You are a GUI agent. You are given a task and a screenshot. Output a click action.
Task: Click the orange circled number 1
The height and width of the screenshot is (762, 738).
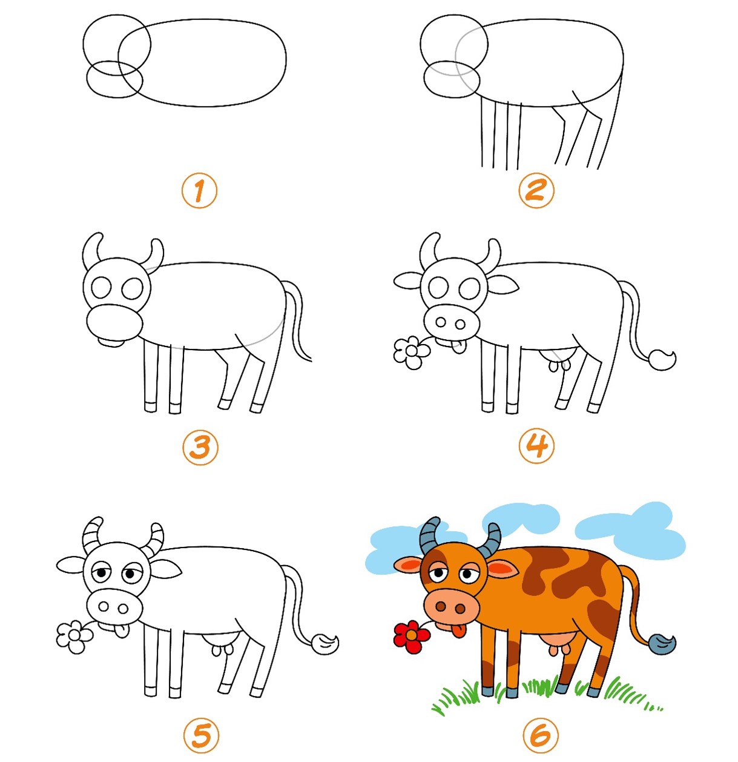click(x=199, y=191)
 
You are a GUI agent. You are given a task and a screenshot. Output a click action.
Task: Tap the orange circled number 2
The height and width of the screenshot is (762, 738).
click(x=536, y=190)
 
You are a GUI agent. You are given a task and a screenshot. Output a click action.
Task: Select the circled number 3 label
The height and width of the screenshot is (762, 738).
click(x=200, y=447)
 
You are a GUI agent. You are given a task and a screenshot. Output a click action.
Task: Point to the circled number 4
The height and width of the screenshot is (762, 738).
click(x=536, y=446)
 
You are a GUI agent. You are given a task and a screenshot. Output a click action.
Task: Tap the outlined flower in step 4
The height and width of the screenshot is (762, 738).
click(x=412, y=353)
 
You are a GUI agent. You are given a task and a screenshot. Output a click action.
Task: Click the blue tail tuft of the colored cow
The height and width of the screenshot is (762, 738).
click(x=662, y=644)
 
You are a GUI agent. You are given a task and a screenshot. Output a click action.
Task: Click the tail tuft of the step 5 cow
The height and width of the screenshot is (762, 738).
click(x=325, y=644)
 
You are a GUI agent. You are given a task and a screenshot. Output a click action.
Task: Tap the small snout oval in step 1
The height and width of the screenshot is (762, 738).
click(x=114, y=79)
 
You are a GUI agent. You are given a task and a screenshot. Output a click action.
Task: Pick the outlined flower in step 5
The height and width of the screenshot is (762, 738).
click(x=74, y=637)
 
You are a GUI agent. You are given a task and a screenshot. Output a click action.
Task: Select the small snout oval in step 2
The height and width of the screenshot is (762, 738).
click(x=452, y=79)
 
